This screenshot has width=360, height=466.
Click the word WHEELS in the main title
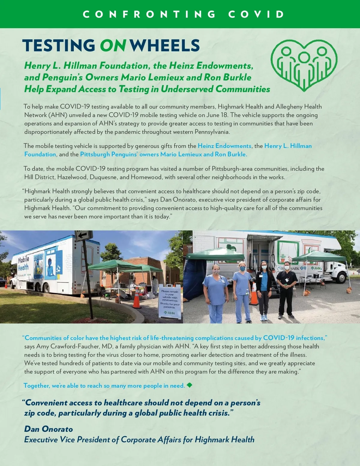click(x=165, y=46)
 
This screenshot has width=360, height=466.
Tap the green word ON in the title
click(x=112, y=46)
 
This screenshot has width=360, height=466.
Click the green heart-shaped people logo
click(x=304, y=65)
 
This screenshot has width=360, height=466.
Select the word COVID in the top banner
click(x=256, y=14)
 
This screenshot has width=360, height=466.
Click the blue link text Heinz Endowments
click(x=224, y=146)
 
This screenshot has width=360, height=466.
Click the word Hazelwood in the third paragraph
click(x=72, y=177)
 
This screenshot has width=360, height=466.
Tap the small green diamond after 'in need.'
click(x=189, y=385)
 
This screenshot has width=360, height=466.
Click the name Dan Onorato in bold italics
click(x=49, y=429)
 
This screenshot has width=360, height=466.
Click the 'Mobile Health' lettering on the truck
click(x=23, y=263)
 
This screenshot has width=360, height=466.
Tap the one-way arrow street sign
click(x=84, y=236)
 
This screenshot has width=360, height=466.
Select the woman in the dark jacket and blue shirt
click(x=264, y=290)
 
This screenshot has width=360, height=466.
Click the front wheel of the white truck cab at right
click(x=341, y=278)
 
